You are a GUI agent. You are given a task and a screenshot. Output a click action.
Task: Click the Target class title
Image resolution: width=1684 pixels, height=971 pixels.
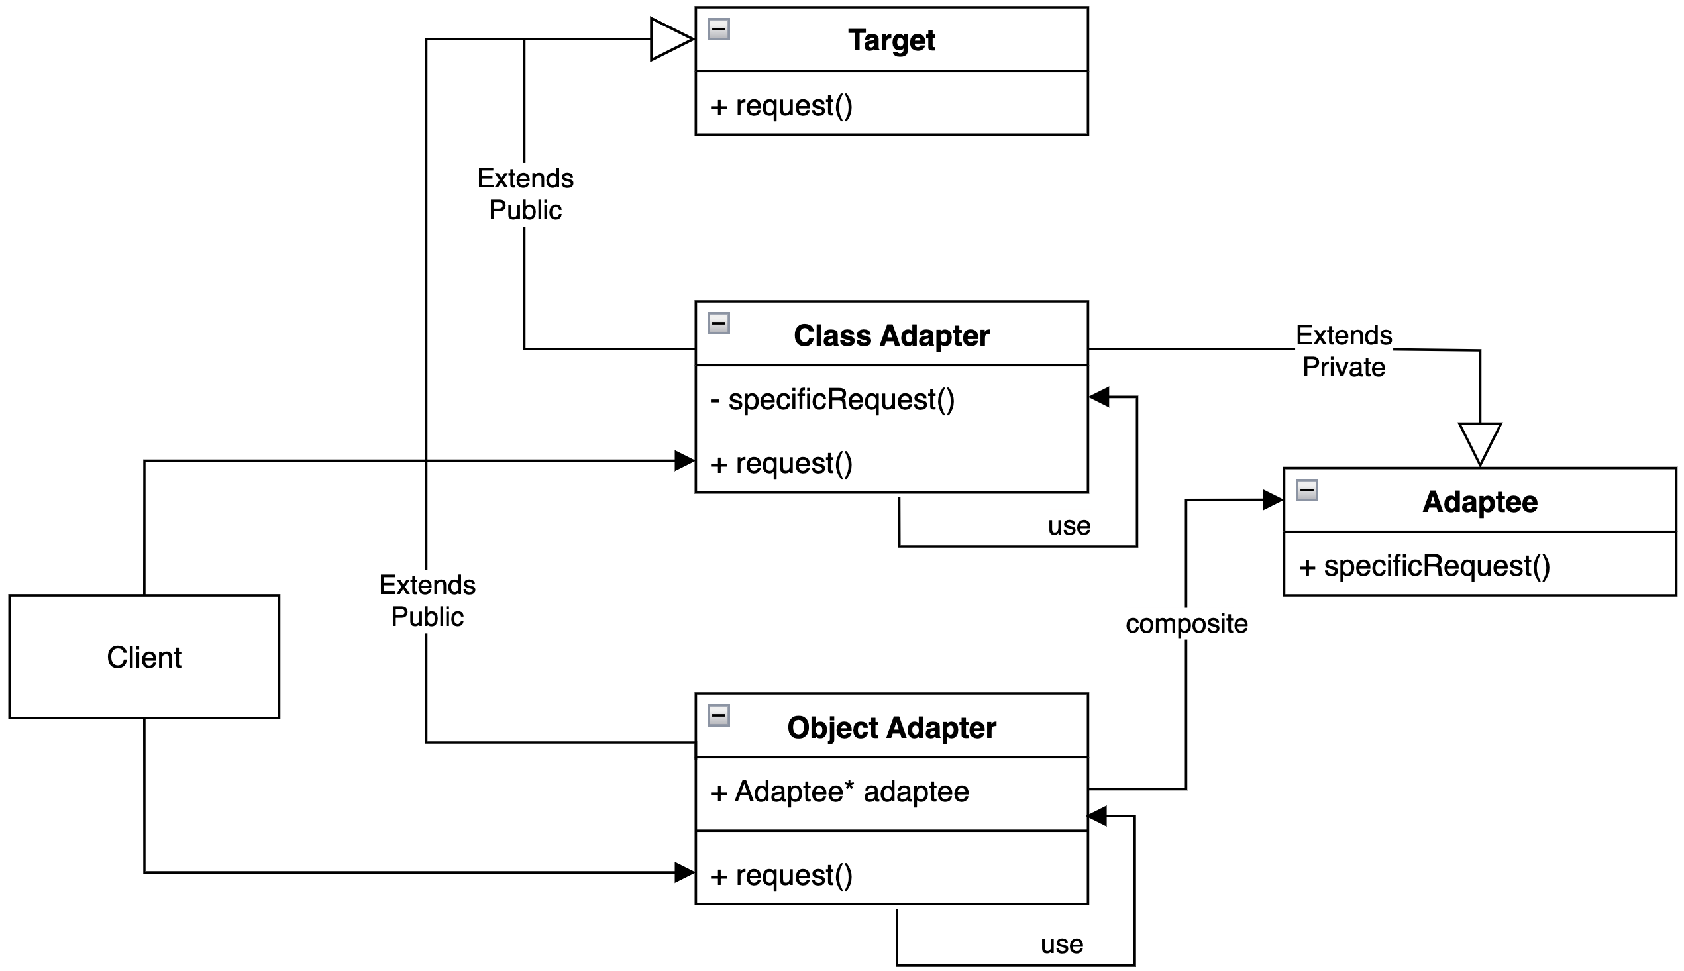pos(891,40)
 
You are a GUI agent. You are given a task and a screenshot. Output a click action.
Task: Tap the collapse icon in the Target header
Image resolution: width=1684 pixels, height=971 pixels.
pos(718,29)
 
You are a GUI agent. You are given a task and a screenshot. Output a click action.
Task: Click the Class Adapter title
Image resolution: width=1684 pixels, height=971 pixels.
pos(891,335)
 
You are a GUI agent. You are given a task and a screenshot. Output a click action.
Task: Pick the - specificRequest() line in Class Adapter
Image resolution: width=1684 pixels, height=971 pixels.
pos(833,399)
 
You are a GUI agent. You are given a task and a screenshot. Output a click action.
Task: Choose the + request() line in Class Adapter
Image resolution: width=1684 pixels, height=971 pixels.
pos(781,463)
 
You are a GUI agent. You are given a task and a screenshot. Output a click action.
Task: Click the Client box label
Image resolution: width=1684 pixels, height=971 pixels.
pos(144,657)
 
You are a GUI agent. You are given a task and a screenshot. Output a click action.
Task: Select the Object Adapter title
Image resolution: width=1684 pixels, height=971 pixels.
pos(891,727)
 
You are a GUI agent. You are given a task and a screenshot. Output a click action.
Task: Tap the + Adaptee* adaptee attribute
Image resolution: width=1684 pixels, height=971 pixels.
pos(839,792)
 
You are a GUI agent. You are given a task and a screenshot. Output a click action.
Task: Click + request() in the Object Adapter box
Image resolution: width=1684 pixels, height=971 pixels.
pos(781,875)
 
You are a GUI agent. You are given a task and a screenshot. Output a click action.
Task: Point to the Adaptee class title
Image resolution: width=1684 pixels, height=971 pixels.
pos(1479,501)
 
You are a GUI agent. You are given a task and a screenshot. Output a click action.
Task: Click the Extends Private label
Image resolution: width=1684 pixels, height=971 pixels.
pos(1343,351)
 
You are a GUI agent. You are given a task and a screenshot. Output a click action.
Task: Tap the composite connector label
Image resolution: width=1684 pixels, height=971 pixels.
pos(1186,623)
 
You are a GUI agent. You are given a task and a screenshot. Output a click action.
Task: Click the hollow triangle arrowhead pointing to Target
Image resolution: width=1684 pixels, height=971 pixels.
pos(671,39)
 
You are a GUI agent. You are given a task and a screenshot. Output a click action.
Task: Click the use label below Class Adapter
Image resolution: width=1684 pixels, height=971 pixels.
pos(1069,525)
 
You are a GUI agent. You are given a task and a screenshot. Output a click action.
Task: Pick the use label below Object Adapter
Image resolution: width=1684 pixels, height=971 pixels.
pos(1061,944)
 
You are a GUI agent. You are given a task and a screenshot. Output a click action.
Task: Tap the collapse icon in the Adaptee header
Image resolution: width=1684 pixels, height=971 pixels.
pos(1306,490)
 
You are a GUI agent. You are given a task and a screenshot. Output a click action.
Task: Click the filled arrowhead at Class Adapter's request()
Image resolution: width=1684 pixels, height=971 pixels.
pos(685,460)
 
